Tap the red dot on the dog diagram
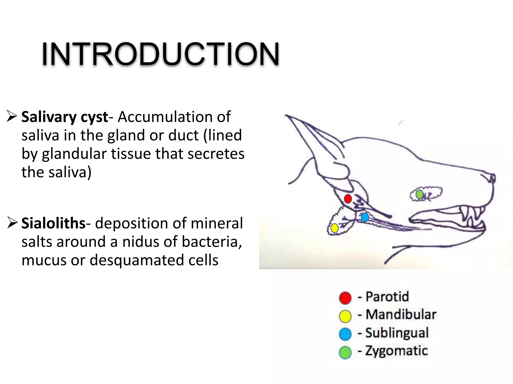coord(348,199)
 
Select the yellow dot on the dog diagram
coord(334,228)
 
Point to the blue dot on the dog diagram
coord(365,217)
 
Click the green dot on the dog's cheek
coord(420,194)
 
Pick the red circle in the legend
coord(345,298)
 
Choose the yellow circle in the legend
coord(345,316)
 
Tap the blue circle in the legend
coord(345,334)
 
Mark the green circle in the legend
coord(345,352)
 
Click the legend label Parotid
coord(387,297)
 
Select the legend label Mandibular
coord(401,314)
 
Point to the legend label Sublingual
coord(397,333)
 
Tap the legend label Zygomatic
coord(396,351)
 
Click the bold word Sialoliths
coord(53,223)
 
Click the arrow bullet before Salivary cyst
coord(12,116)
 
